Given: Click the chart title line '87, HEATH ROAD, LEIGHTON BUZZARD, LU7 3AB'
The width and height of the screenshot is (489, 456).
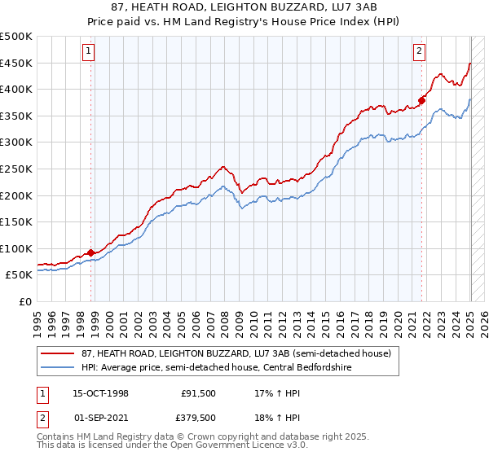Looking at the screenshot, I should click(244, 7).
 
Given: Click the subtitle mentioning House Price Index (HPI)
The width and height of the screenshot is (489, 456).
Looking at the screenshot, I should click(244, 21).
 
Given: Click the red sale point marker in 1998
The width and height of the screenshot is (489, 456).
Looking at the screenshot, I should click(90, 252).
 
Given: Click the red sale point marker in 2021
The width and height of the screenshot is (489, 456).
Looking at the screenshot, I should click(422, 101).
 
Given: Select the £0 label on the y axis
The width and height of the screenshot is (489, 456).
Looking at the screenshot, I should click(24, 301).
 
